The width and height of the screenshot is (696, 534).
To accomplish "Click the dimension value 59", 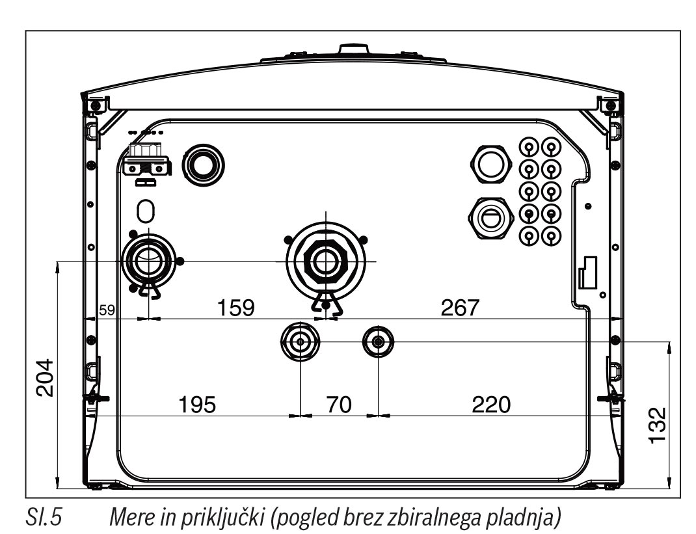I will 107,310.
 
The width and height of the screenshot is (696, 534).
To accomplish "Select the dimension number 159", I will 235,308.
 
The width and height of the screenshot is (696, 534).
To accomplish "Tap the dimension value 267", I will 460,308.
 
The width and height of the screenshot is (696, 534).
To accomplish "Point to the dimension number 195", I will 196,405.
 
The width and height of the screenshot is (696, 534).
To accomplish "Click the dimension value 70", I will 338,405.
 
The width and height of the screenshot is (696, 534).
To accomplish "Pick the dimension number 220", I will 492,405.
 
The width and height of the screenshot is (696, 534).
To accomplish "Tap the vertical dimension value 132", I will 658,425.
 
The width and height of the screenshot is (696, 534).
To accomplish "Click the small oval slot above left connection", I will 147,210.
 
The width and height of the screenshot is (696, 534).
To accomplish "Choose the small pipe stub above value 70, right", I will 378,340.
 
